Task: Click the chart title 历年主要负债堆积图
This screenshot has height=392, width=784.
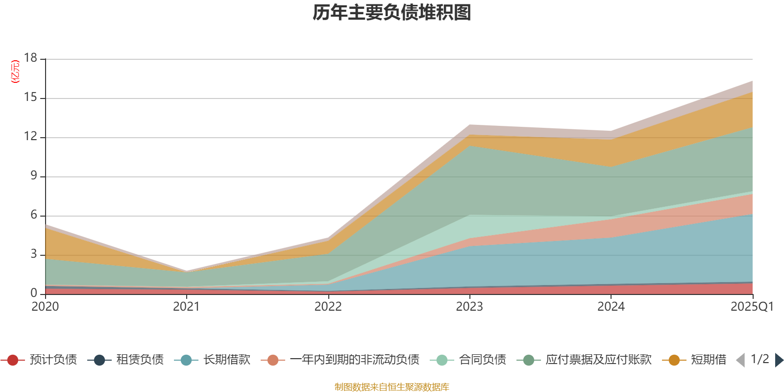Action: (x=392, y=13)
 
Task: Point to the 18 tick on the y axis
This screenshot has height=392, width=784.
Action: (x=31, y=58)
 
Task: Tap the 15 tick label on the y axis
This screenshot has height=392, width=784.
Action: (x=31, y=98)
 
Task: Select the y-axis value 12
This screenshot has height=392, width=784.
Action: (x=31, y=136)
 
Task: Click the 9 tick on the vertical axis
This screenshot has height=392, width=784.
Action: (x=34, y=175)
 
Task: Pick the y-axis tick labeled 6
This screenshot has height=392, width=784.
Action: (x=34, y=215)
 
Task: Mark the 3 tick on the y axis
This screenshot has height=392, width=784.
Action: (x=34, y=254)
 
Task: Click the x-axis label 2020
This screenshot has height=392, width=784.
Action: (x=45, y=307)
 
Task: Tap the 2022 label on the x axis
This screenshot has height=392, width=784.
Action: (x=328, y=307)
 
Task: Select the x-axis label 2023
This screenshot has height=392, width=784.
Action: (x=469, y=307)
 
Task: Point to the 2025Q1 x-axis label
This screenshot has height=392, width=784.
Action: (x=752, y=307)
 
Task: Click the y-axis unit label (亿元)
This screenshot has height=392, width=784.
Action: (x=15, y=72)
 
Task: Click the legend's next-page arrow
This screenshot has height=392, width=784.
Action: (x=779, y=360)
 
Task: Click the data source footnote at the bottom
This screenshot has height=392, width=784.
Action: (x=392, y=387)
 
